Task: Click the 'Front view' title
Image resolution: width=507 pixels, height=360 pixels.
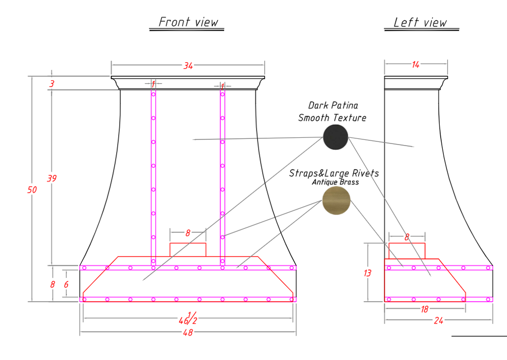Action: [188, 22]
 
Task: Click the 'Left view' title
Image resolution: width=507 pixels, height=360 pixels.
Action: [420, 22]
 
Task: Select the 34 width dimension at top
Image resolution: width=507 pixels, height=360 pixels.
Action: [188, 66]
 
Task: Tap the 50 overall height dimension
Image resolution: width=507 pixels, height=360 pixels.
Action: [32, 190]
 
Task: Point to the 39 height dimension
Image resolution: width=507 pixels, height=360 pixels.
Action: [52, 178]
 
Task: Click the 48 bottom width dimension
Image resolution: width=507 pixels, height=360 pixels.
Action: [188, 332]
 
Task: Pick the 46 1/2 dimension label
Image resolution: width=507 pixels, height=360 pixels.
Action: [188, 318]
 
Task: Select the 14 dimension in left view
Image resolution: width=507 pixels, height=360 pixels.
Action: [415, 65]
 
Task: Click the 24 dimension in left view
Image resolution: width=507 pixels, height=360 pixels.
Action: [439, 320]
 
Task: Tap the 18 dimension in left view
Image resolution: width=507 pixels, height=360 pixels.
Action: [425, 310]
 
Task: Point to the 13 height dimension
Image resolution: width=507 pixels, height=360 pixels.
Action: [367, 273]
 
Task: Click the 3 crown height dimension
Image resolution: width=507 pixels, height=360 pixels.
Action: [52, 84]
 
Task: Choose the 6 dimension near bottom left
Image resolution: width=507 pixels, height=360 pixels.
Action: [66, 284]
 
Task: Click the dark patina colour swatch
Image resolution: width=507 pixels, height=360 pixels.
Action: [336, 137]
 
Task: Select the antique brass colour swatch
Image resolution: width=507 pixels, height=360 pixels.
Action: [336, 201]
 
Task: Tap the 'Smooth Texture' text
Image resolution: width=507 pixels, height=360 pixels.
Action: [332, 118]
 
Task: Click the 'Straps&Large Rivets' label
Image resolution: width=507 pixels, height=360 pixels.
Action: [334, 173]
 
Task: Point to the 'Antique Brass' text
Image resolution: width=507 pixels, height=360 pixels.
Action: [335, 182]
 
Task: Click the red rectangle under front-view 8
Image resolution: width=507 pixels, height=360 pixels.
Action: [188, 250]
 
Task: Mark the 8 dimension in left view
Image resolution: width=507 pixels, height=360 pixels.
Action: [407, 238]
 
